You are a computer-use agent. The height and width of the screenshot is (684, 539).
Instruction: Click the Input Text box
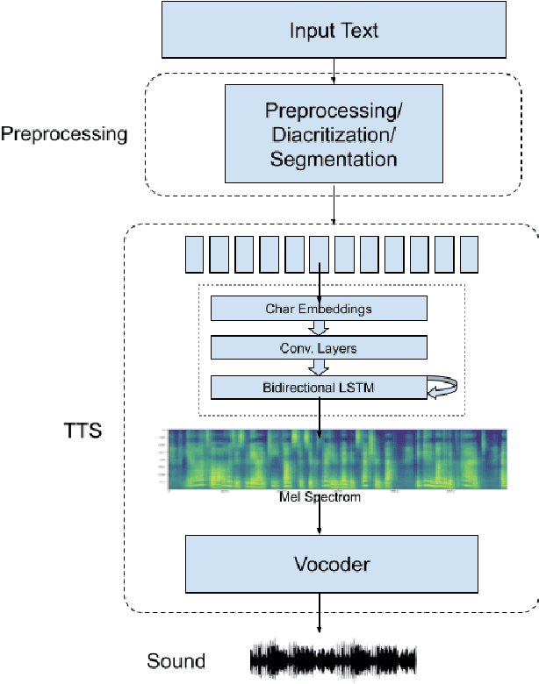334,32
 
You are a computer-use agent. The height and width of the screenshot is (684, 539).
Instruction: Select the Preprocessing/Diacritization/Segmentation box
334,134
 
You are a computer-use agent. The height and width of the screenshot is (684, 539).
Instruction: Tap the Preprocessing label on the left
64,134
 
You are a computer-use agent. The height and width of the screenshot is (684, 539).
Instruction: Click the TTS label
83,431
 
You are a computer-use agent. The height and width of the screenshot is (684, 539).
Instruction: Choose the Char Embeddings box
319,308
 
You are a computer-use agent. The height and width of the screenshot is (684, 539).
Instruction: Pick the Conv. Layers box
319,347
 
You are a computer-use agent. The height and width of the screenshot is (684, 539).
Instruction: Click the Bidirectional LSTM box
319,386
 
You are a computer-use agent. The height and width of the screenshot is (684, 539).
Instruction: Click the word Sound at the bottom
176,661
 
